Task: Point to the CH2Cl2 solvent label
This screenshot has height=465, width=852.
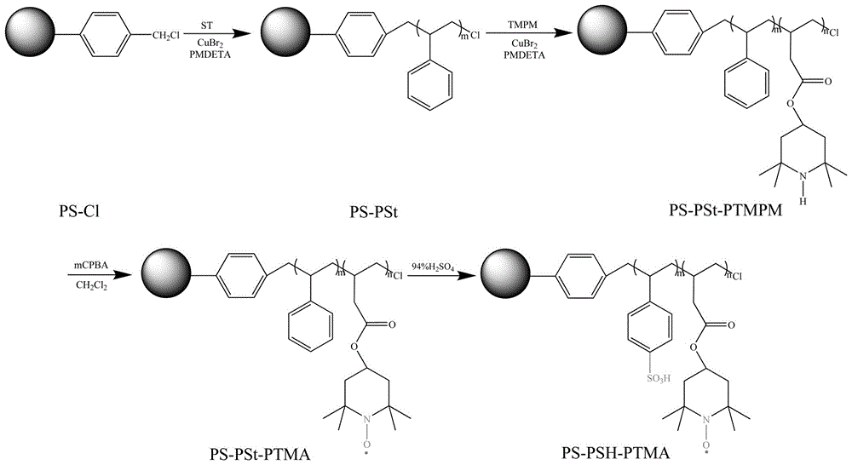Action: click(88, 286)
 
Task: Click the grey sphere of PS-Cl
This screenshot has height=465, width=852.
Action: click(27, 35)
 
